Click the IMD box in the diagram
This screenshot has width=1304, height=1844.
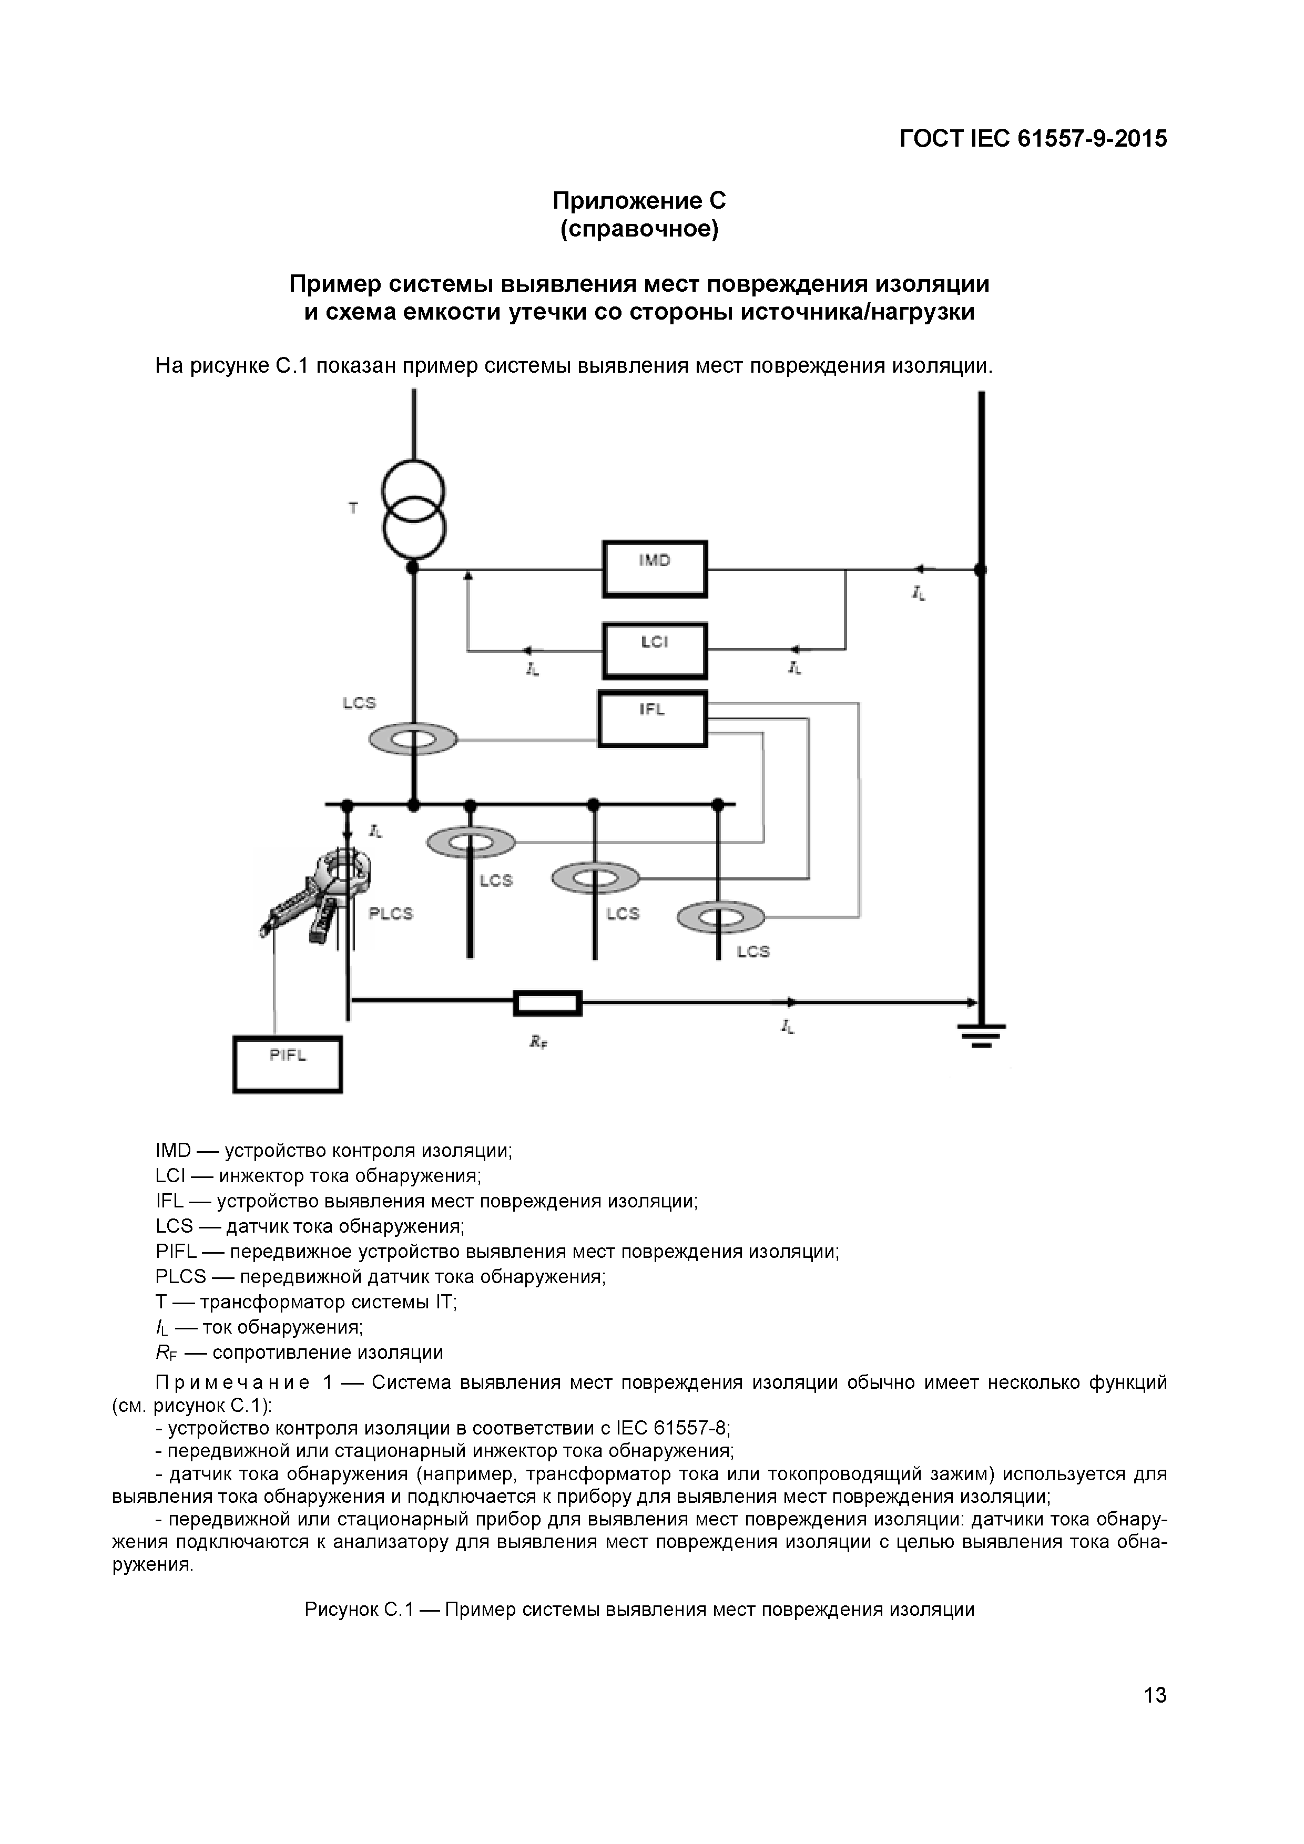pos(655,569)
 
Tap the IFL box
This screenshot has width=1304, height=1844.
pos(653,719)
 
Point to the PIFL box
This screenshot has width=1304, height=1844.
pos(288,1065)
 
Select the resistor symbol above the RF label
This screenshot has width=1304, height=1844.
pos(548,1003)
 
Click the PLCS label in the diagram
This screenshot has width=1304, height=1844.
pos(391,914)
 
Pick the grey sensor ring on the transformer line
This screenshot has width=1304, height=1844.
pos(413,739)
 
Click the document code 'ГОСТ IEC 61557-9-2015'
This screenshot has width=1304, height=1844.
pos(1033,139)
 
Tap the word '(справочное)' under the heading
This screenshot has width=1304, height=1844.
pos(639,230)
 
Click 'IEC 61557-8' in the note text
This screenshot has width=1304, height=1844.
pos(671,1429)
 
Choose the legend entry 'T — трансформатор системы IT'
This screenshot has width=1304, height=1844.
pos(306,1302)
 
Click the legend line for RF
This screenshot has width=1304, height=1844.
pos(299,1353)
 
